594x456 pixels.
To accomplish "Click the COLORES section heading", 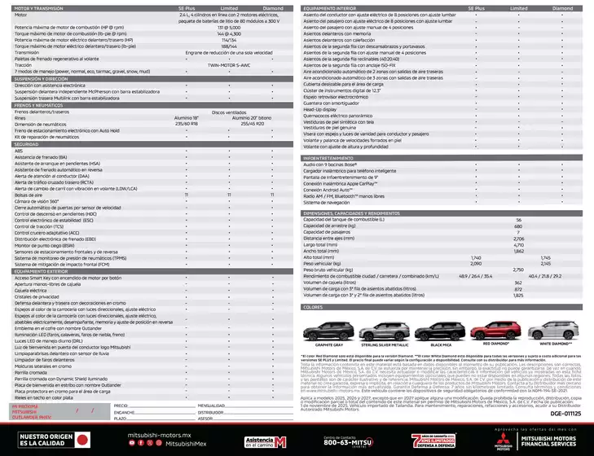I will coord(314,308).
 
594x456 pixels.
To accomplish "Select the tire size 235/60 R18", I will coord(186,123).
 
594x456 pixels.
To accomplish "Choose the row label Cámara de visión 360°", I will coord(37,200).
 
